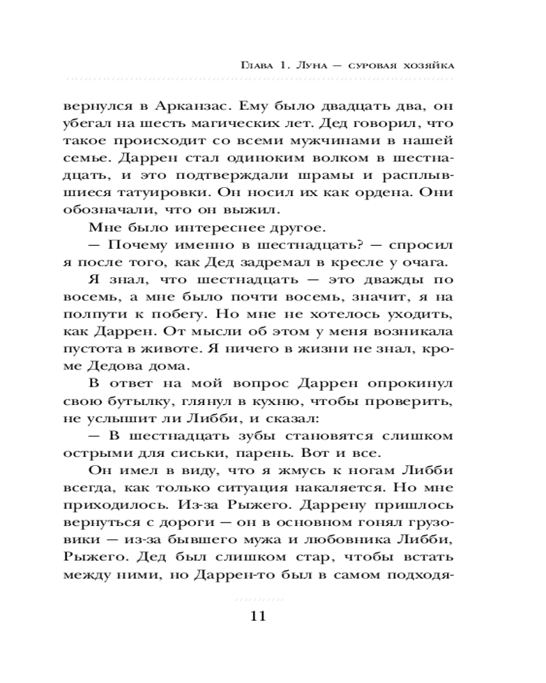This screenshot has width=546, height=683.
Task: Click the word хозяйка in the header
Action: click(x=429, y=66)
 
